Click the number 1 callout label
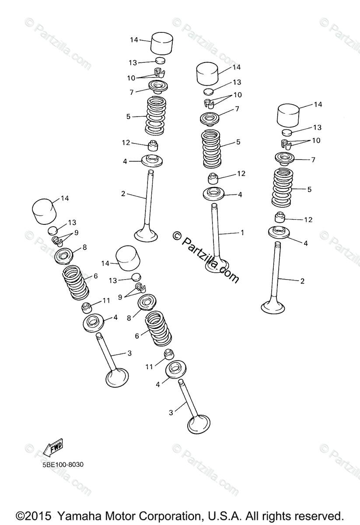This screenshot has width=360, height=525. click(242, 232)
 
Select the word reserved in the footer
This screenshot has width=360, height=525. click(319, 516)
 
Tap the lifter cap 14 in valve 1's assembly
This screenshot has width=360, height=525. click(207, 73)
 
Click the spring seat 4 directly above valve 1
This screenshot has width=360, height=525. click(213, 194)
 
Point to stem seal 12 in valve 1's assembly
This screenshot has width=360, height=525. click(213, 178)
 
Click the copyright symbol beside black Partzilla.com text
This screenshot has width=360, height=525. click(177, 236)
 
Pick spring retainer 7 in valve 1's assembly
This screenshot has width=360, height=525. click(209, 119)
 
